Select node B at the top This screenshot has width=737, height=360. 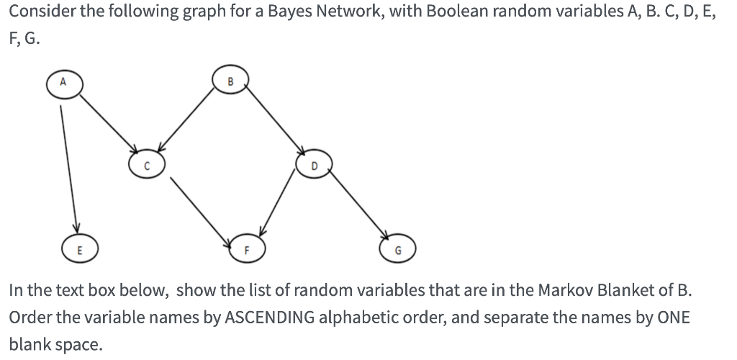click(x=230, y=79)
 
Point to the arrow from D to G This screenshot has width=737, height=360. click(x=360, y=209)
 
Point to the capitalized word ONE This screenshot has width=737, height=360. click(x=672, y=318)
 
